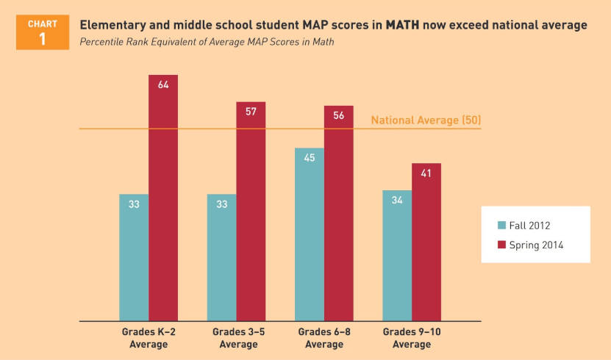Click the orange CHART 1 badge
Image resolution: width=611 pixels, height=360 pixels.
42,32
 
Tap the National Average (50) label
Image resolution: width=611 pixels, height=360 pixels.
426,120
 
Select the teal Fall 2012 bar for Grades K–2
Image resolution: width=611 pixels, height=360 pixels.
134,257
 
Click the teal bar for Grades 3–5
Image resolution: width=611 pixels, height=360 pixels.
221,257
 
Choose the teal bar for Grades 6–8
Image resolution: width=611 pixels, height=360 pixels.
310,235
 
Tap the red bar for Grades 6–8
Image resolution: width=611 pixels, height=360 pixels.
339,213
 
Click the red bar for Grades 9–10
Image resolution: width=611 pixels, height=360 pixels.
426,242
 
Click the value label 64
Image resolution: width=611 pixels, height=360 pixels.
163,84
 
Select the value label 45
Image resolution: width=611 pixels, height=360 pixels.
310,158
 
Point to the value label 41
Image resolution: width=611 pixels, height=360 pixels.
426,173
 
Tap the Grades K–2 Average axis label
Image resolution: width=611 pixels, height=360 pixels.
149,338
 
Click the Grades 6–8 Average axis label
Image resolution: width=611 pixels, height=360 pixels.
324,338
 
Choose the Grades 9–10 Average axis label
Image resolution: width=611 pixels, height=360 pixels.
412,338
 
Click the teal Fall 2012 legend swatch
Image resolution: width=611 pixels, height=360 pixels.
502,226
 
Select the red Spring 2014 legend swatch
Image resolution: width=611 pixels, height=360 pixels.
502,245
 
